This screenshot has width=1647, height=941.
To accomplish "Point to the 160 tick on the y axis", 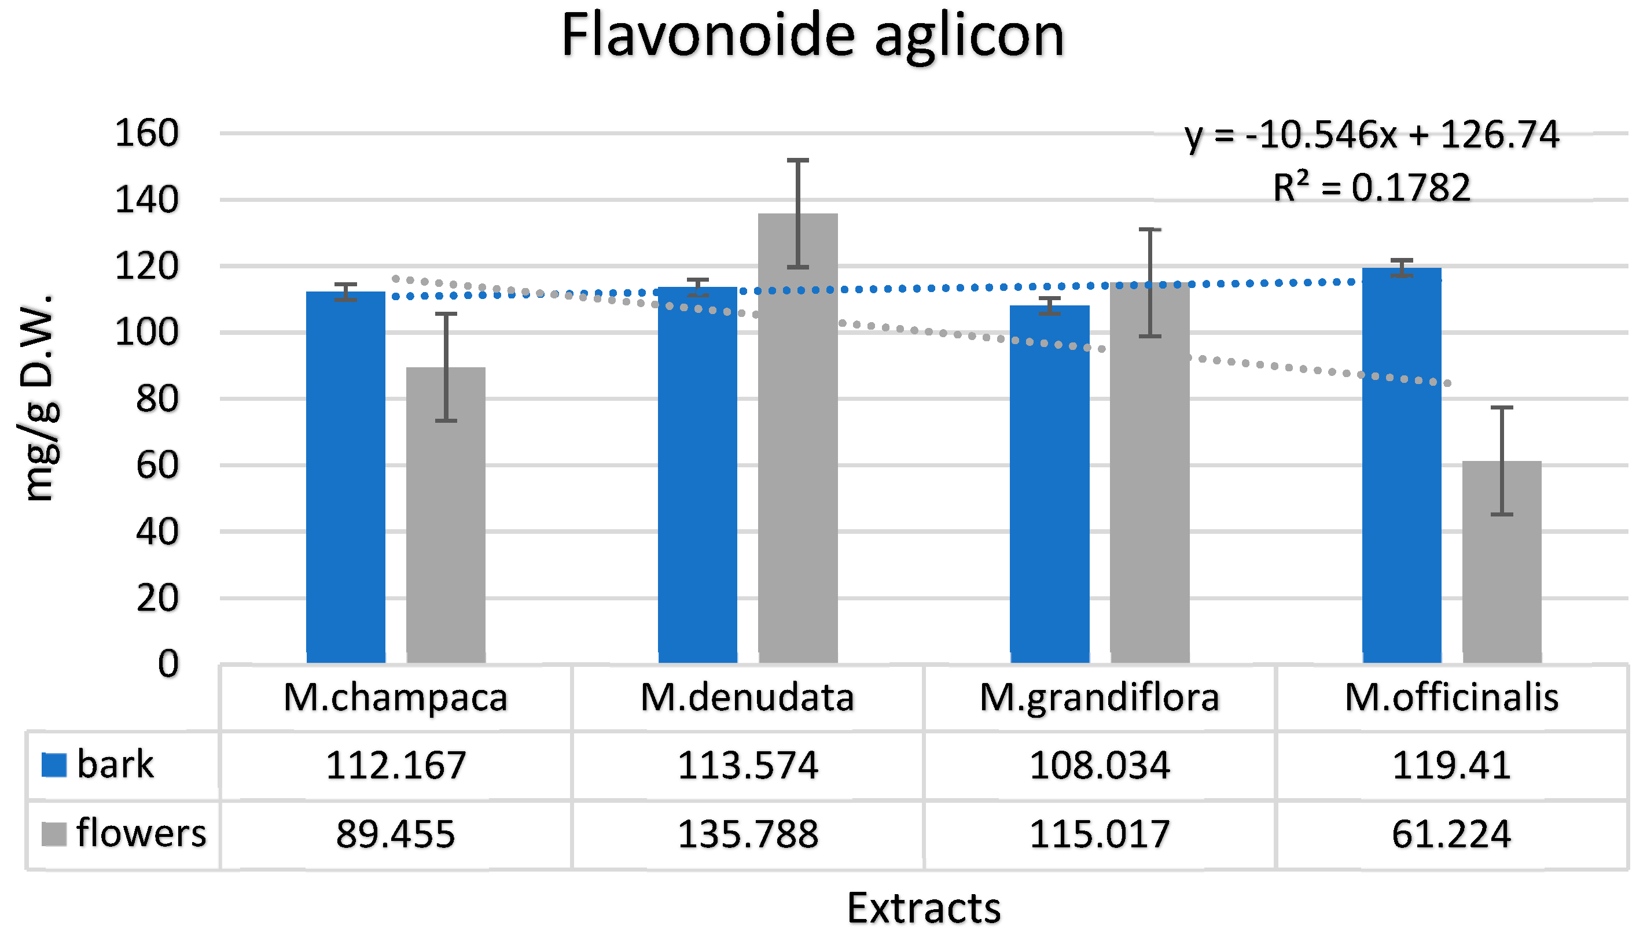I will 147,134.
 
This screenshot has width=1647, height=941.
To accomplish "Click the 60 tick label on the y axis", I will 157,466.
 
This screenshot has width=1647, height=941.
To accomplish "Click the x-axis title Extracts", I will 924,908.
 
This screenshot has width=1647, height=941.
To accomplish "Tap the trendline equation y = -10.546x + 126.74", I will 1372,136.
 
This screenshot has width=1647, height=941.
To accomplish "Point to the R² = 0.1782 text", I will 1372,188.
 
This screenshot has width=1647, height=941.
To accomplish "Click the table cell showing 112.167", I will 396,765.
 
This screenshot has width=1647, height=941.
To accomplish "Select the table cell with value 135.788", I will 748,834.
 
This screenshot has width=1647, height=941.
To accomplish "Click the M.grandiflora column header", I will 1100,698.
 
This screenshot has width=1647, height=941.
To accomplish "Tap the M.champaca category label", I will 396,698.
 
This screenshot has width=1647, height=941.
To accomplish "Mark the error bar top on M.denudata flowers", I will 797,160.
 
